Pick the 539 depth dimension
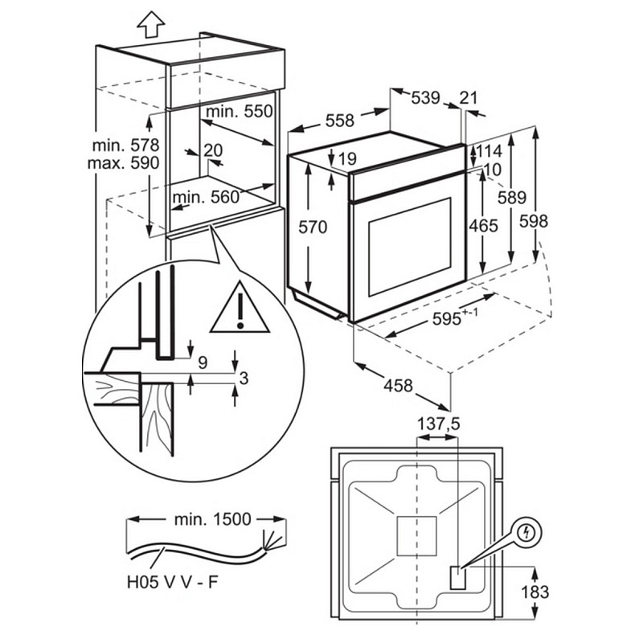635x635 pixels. click(425, 98)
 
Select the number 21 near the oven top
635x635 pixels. click(468, 98)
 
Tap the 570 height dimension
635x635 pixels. click(313, 227)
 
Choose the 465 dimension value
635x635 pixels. click(483, 226)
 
